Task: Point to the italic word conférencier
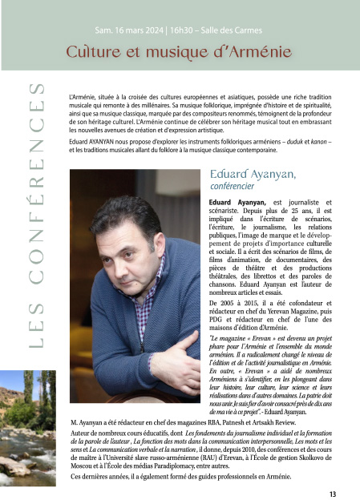tap(230, 187)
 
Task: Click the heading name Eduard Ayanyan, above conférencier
tap(252, 173)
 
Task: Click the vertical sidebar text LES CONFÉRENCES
tap(36, 216)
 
